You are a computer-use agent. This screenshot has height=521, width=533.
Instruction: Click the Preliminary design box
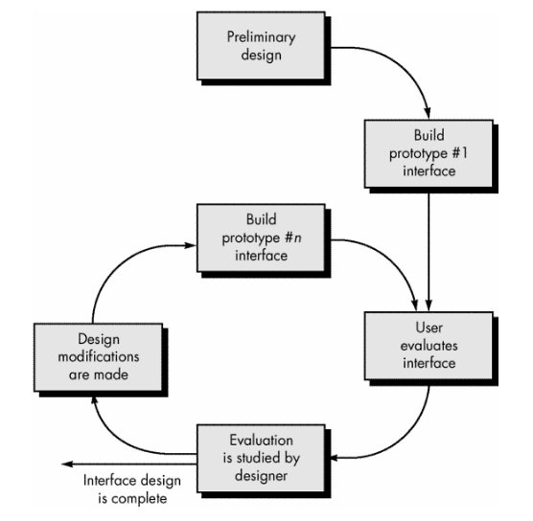coord(261,46)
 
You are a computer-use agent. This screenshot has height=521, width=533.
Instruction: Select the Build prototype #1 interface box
coord(429,153)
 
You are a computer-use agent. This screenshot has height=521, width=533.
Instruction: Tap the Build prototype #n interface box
coord(261,238)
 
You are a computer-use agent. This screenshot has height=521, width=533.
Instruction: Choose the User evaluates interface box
coord(429,346)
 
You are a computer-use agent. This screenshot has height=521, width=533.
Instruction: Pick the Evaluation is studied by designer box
coord(261,458)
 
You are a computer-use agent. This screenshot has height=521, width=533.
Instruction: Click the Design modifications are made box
coord(98,357)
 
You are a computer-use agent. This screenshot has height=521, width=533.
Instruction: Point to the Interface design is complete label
coord(132,489)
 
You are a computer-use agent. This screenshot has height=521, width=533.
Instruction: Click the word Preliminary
coord(261,37)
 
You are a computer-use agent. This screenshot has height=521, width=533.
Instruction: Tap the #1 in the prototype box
coord(460,153)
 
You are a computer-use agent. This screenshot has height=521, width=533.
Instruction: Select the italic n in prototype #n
coord(297,238)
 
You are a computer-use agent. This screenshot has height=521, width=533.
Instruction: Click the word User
coord(429,328)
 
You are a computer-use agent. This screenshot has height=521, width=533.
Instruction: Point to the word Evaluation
coord(261,441)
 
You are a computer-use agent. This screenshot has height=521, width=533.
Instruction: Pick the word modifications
coord(99,356)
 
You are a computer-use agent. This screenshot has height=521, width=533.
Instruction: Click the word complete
coord(139,499)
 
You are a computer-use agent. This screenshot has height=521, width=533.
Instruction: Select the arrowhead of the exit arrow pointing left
coord(67,464)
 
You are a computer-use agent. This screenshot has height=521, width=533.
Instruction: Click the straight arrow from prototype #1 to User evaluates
coord(429,252)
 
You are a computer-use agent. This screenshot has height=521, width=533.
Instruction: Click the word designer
coord(261,476)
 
